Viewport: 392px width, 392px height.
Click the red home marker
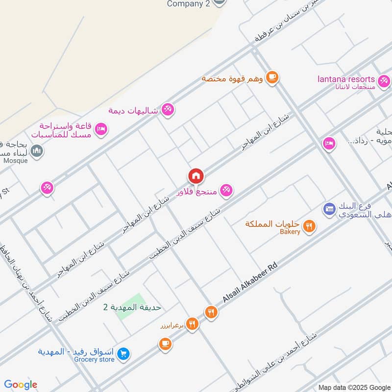(x=196, y=175)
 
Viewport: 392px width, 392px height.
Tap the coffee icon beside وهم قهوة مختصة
(x=272, y=77)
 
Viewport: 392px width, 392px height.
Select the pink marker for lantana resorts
(x=384, y=80)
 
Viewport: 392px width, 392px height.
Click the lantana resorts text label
(x=346, y=79)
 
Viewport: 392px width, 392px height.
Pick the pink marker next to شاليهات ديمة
(x=168, y=109)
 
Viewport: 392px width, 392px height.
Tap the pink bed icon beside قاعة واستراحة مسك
(x=101, y=129)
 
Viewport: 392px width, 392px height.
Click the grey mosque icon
(x=37, y=151)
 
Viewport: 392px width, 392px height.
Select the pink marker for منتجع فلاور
(x=225, y=190)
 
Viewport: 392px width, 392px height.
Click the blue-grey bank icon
(x=328, y=209)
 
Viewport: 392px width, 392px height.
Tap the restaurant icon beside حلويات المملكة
(x=309, y=226)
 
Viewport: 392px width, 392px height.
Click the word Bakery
(x=290, y=232)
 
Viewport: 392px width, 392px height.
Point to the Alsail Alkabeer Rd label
(x=250, y=283)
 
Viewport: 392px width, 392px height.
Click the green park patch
(x=131, y=307)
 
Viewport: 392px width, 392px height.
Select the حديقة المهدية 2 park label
(x=132, y=307)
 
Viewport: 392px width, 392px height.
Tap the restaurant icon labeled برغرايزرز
(x=192, y=323)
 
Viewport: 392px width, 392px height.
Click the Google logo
(x=21, y=385)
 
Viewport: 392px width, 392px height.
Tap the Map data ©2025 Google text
(x=353, y=387)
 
